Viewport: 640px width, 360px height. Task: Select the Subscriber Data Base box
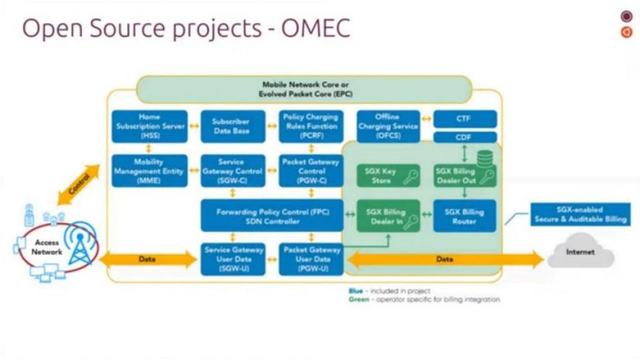click(231, 126)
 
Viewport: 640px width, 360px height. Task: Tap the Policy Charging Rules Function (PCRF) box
click(311, 126)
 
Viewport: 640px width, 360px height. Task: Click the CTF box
click(464, 119)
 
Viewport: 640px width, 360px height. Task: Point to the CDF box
click(464, 137)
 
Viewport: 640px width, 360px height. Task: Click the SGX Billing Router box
click(464, 216)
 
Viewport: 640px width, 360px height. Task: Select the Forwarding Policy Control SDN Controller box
click(272, 216)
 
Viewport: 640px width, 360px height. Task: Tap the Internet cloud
click(581, 251)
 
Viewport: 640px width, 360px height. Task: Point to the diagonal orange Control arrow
click(79, 185)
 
